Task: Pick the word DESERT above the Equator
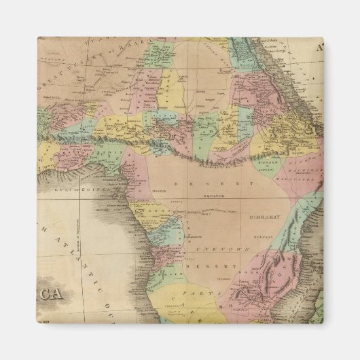click(x=204, y=184)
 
